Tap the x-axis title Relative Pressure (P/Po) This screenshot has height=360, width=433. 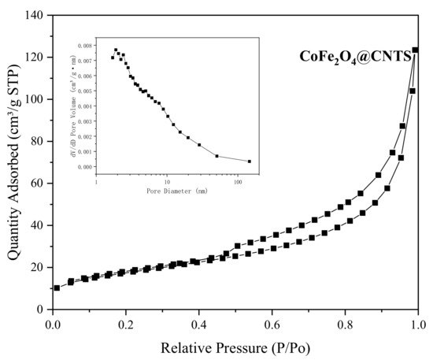(235, 347)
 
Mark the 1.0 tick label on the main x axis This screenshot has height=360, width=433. (418, 323)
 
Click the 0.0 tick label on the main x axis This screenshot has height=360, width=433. (53, 323)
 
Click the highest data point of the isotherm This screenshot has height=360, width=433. (416, 50)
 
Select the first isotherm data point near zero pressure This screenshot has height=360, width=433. (57, 288)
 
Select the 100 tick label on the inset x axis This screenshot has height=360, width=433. (237, 180)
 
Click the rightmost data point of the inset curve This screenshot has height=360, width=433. (250, 161)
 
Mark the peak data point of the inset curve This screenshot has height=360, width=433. (116, 50)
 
